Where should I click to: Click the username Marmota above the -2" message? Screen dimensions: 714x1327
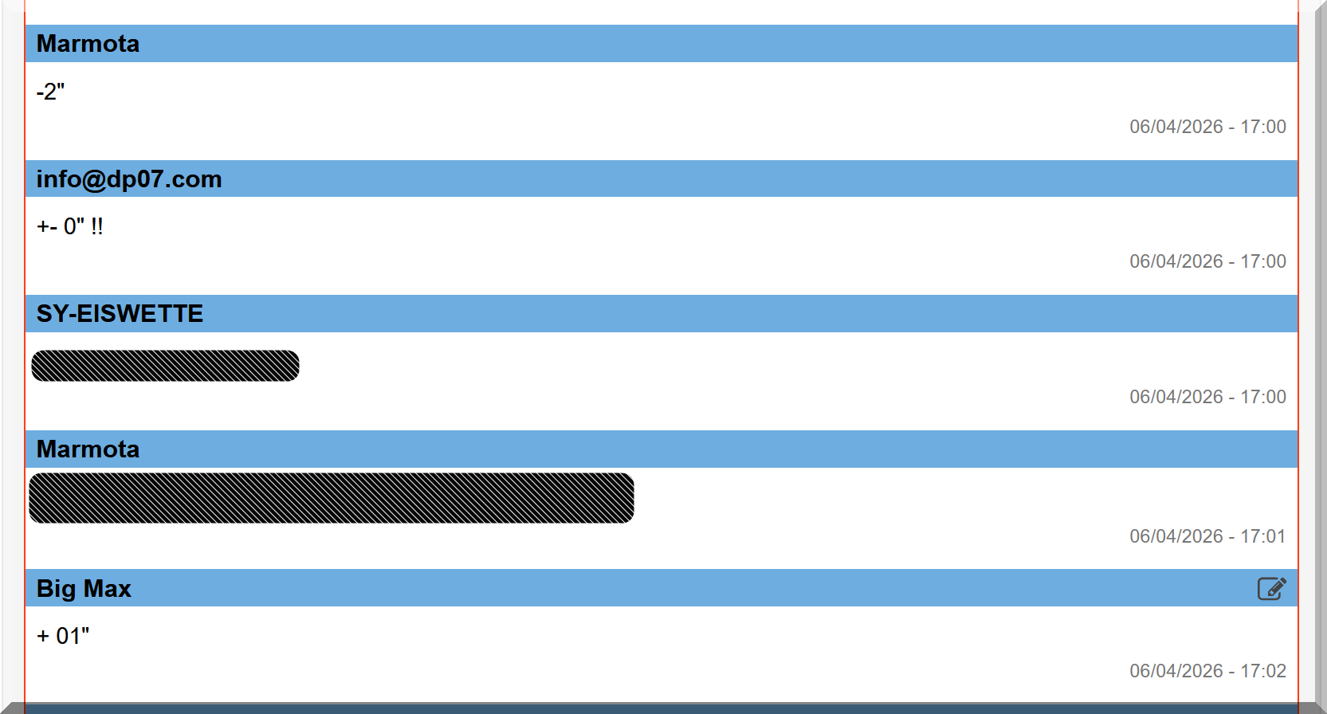[88, 44]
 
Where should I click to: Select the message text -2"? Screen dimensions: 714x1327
[50, 92]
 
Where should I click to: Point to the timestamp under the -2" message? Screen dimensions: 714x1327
[1207, 127]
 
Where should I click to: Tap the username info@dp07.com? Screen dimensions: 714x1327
[129, 179]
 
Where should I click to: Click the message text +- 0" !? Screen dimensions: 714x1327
[70, 226]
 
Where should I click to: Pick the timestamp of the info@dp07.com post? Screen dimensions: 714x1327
[1207, 261]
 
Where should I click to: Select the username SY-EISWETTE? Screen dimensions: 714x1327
[120, 314]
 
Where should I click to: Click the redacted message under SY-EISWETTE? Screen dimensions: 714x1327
[165, 366]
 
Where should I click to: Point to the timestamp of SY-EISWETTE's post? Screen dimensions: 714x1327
[1207, 397]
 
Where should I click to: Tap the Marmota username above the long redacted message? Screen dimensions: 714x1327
[88, 449]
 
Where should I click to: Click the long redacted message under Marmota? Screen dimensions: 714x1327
[332, 498]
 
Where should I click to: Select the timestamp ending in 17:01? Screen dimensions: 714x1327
[1207, 536]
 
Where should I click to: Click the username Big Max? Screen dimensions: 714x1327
[84, 589]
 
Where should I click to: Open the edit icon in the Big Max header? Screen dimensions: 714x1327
[1271, 589]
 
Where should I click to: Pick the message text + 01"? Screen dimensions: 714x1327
[63, 636]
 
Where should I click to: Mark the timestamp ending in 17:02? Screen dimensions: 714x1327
[1207, 671]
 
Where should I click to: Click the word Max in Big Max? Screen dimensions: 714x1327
[108, 589]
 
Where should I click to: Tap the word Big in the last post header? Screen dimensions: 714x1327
[56, 589]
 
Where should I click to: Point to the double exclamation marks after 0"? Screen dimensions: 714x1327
[96, 226]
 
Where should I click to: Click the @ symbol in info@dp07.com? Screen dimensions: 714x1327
[94, 179]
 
